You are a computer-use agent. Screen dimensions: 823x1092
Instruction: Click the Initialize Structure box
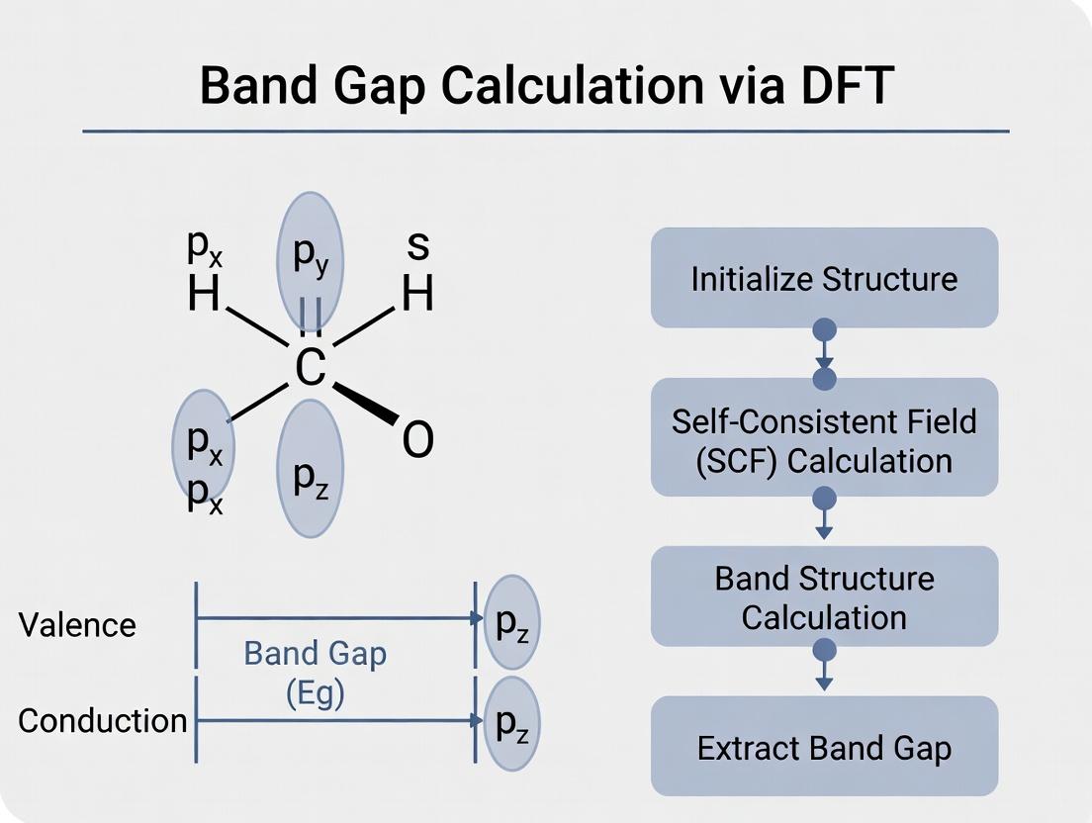824,278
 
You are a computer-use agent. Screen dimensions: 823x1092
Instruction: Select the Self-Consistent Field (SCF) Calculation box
824,440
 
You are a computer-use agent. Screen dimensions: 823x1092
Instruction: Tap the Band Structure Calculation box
824,596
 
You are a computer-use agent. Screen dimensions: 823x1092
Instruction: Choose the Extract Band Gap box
824,747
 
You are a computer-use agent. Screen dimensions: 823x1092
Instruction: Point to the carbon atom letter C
310,368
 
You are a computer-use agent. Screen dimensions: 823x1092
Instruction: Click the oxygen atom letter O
417,441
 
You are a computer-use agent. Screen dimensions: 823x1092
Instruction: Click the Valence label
77,625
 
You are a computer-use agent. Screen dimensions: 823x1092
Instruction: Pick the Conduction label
102,720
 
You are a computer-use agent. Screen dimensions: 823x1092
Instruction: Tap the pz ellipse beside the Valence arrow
512,623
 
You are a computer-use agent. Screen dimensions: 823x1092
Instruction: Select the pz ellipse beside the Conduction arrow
512,722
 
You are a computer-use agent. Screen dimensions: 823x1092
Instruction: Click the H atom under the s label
417,293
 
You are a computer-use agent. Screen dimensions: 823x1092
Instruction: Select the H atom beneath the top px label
204,294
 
